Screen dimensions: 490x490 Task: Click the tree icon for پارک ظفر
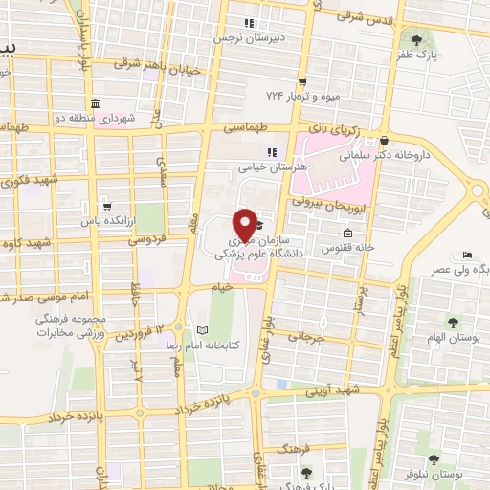(419, 39)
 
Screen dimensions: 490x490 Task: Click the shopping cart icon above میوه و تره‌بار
(302, 82)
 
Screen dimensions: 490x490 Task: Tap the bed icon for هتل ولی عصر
(466, 256)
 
